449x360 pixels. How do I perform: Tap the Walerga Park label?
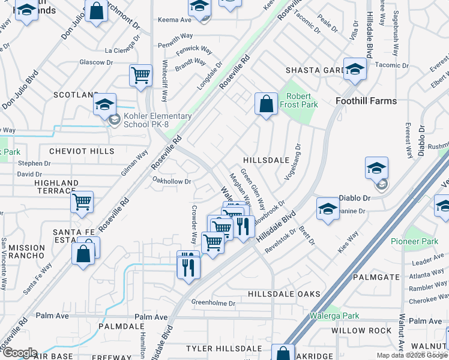[334, 316]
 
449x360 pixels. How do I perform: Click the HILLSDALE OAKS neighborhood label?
[284, 294]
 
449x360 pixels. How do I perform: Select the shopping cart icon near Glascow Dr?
[140, 76]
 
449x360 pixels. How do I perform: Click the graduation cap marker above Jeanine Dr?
[328, 209]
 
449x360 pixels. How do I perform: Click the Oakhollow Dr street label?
[172, 181]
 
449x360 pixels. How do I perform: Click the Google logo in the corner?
[20, 352]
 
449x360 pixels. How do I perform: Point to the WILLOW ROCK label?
[361, 331]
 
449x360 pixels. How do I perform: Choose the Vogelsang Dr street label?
[289, 161]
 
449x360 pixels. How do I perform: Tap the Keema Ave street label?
[174, 20]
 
